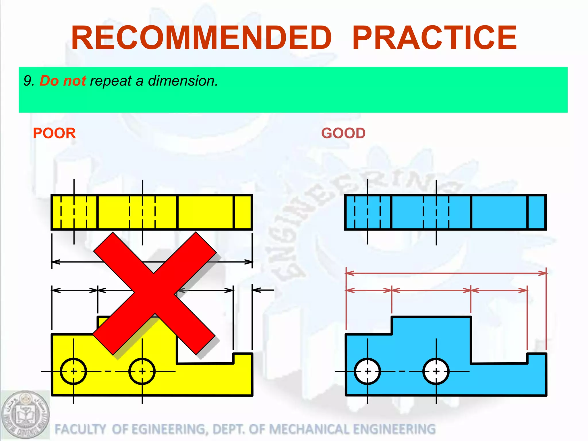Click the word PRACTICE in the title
pyautogui.click(x=434, y=38)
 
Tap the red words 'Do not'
pyautogui.click(x=63, y=81)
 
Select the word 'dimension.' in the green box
pyautogui.click(x=183, y=81)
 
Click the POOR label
pyautogui.click(x=54, y=133)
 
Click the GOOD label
pyautogui.click(x=343, y=133)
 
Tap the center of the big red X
pyautogui.click(x=154, y=293)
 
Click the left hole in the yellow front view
pyautogui.click(x=73, y=371)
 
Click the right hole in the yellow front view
pyautogui.click(x=142, y=371)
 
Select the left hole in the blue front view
pyautogui.click(x=367, y=371)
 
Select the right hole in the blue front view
pyautogui.click(x=436, y=371)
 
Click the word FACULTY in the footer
pyautogui.click(x=80, y=429)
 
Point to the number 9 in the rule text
pyautogui.click(x=27, y=81)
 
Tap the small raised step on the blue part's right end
pyautogui.click(x=536, y=358)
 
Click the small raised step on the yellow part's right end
pyautogui.click(x=243, y=358)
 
